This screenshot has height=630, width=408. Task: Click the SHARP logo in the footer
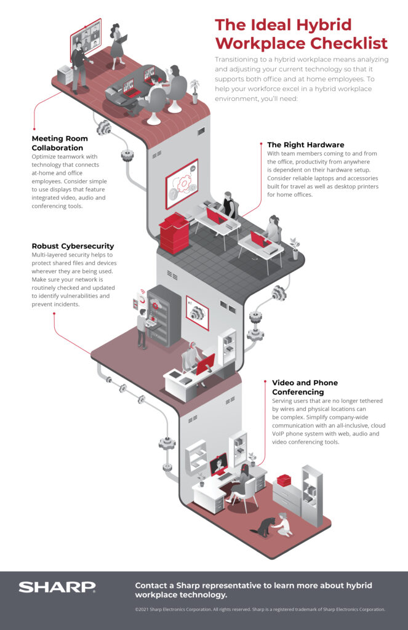(x=57, y=587)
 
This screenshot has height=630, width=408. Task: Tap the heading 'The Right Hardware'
(x=305, y=145)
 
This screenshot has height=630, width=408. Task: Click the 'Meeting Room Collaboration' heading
(x=60, y=143)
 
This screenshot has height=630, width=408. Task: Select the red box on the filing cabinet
(x=284, y=480)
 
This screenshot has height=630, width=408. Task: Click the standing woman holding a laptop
(x=117, y=46)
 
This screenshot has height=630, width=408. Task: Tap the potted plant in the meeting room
(x=195, y=90)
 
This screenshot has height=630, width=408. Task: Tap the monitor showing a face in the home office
(x=218, y=464)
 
